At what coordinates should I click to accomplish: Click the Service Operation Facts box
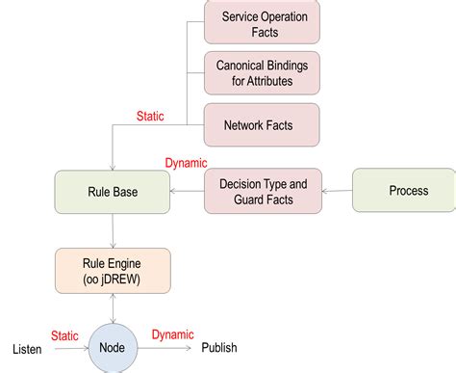click(x=262, y=24)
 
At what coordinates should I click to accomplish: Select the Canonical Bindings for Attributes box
click(x=262, y=72)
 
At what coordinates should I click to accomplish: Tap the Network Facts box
click(x=262, y=125)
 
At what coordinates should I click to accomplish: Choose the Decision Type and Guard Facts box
click(x=262, y=191)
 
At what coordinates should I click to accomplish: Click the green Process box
click(x=407, y=191)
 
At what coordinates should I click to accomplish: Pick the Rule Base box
click(x=113, y=192)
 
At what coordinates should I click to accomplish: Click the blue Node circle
click(x=114, y=348)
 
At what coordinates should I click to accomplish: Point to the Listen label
click(x=27, y=348)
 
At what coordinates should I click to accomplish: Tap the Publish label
click(x=218, y=348)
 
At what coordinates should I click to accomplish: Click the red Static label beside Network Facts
click(x=149, y=117)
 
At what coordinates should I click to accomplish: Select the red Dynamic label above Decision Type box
click(x=186, y=163)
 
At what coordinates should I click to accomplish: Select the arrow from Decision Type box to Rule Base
click(x=187, y=192)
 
